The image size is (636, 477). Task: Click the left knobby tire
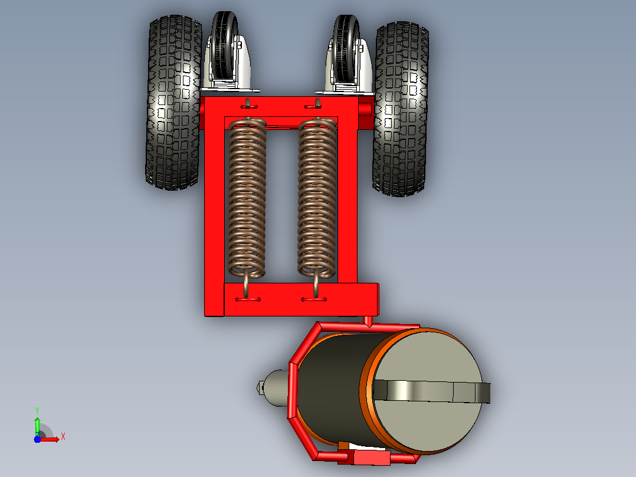point(174,102)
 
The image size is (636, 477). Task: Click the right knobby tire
point(401,109)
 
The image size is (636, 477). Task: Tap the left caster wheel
point(225,45)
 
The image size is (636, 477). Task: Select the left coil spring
point(247,198)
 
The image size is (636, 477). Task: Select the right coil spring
point(317,198)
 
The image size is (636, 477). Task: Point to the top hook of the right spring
point(317,105)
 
